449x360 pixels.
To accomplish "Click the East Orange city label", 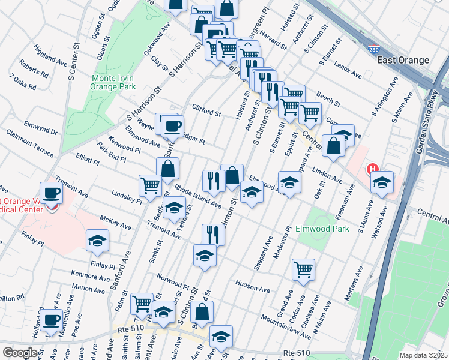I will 403,60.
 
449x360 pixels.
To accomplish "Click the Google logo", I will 20,353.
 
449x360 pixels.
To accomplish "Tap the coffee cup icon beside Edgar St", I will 173,125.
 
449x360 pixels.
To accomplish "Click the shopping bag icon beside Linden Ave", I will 333,145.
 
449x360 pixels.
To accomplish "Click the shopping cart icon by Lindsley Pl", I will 150,185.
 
